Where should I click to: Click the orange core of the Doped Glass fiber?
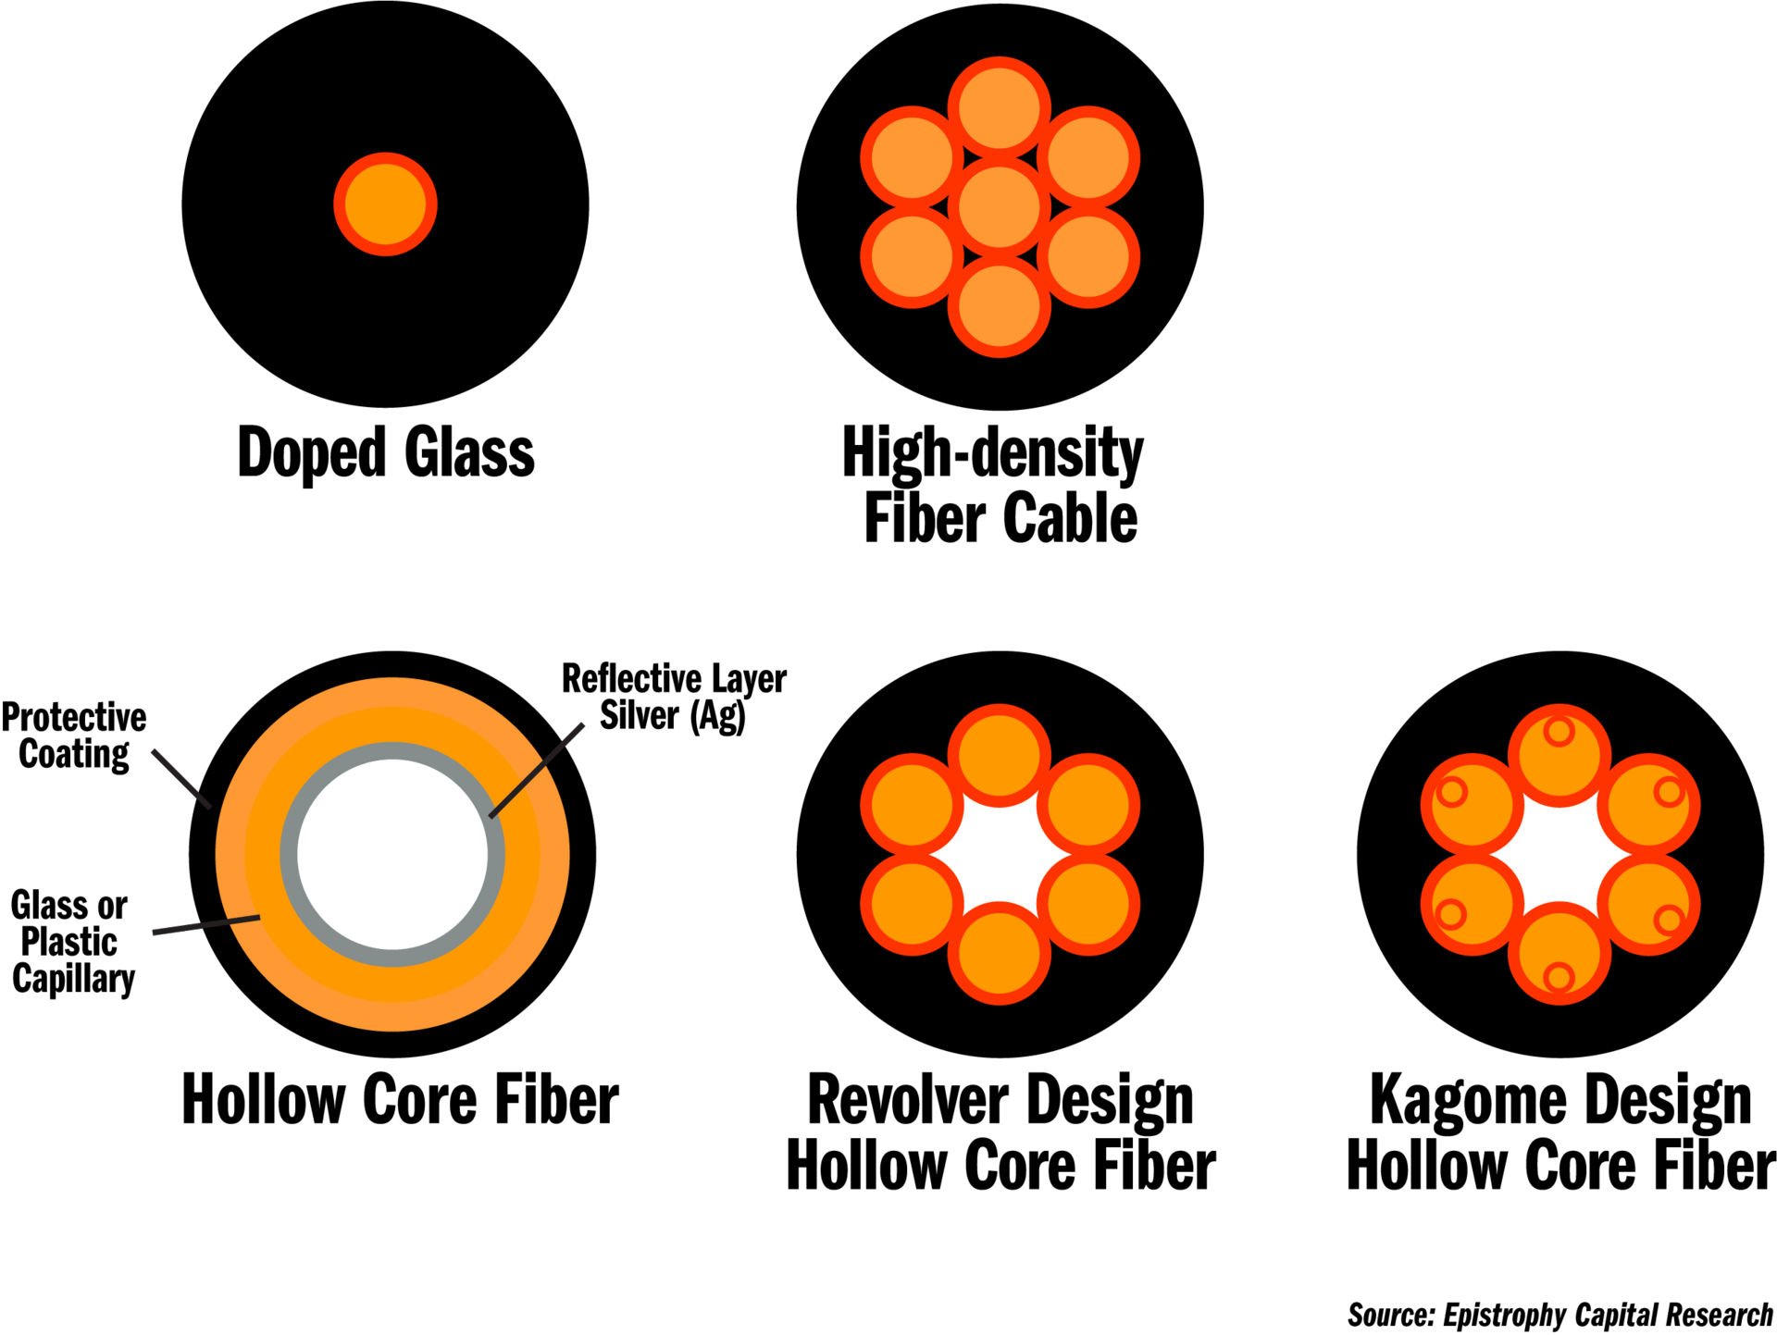click(x=385, y=204)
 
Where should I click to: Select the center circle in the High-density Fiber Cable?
click(x=1000, y=206)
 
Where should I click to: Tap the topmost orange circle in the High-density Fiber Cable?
click(x=1000, y=107)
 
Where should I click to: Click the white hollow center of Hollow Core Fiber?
click(x=393, y=854)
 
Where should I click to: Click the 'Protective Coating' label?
click(x=74, y=735)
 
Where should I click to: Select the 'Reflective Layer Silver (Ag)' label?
click(x=674, y=697)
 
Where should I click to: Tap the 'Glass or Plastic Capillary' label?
click(x=72, y=942)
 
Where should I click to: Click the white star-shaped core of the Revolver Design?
click(x=1000, y=854)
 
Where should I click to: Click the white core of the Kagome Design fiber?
click(x=1560, y=854)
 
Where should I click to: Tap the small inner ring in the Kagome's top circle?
click(x=1560, y=732)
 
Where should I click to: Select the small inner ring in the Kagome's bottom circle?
click(x=1560, y=977)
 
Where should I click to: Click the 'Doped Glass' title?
click(x=386, y=453)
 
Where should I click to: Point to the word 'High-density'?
click(x=993, y=453)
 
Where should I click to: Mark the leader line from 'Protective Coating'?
click(x=181, y=778)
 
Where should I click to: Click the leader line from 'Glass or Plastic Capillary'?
click(x=205, y=925)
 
